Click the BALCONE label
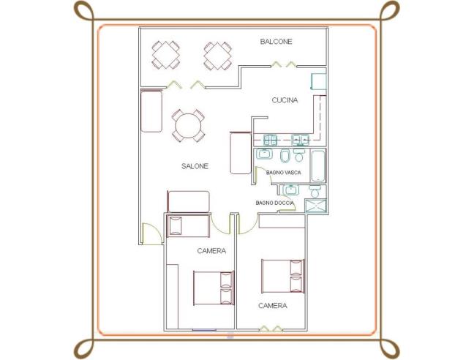click(x=276, y=42)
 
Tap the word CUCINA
click(x=285, y=100)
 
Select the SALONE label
click(x=195, y=166)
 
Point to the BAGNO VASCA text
click(x=283, y=173)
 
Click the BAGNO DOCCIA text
click(x=274, y=203)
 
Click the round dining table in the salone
click(x=188, y=126)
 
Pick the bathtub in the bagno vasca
click(x=318, y=166)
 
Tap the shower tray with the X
click(x=316, y=206)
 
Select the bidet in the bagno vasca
click(x=285, y=156)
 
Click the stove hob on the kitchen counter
click(x=270, y=140)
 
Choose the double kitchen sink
click(x=300, y=140)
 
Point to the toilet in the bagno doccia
click(x=315, y=191)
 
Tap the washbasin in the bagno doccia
click(x=291, y=190)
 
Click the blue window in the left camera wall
click(x=204, y=330)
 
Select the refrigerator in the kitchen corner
click(x=319, y=81)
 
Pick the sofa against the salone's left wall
click(x=151, y=111)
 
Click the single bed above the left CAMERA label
click(x=188, y=226)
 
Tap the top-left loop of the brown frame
click(x=83, y=10)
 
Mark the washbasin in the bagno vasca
click(x=264, y=154)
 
